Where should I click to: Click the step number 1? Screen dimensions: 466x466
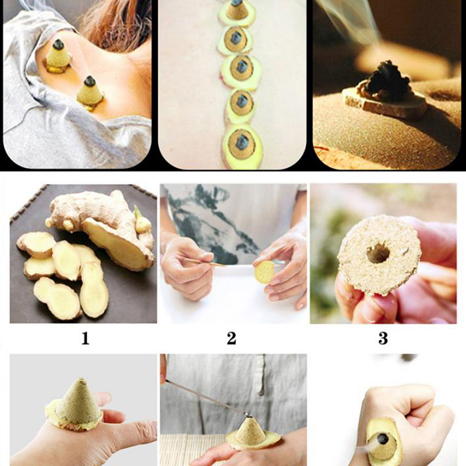[x=85, y=338]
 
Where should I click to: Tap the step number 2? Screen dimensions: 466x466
[x=231, y=338]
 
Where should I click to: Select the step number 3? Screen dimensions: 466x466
[x=383, y=338]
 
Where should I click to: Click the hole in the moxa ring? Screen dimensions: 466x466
[x=378, y=253]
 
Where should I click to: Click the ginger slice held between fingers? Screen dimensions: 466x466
[x=264, y=271]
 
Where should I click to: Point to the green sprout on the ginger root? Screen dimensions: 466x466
[x=142, y=221]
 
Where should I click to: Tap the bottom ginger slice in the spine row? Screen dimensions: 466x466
[x=242, y=147]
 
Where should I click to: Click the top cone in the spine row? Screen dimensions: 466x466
[x=236, y=9]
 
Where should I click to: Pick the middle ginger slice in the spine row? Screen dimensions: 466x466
[x=241, y=70]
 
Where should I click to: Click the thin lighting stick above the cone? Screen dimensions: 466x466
[x=205, y=397]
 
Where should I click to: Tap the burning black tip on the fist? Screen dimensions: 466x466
[x=383, y=439]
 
